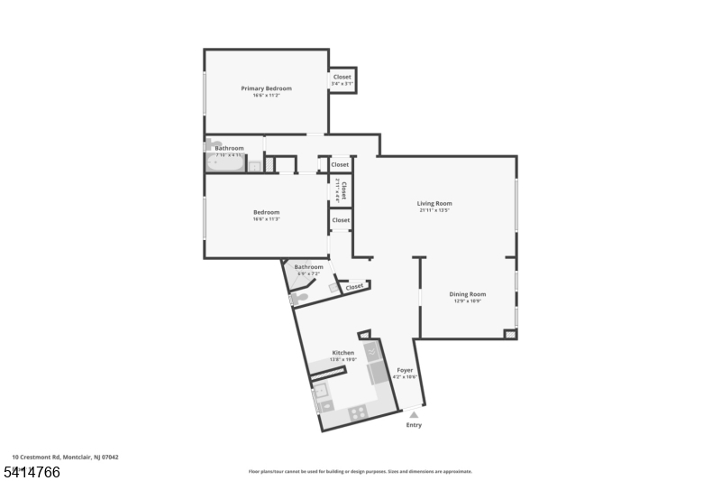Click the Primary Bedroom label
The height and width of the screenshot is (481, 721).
tap(266, 88)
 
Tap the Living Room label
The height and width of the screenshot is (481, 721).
tap(434, 203)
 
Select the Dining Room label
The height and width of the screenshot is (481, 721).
tap(468, 294)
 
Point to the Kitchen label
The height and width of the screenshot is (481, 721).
tap(343, 353)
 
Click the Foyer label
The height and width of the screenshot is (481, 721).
tap(405, 370)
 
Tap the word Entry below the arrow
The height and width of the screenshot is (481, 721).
tap(414, 425)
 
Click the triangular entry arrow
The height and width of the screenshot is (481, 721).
tap(414, 413)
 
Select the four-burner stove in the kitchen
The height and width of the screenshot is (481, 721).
tap(357, 413)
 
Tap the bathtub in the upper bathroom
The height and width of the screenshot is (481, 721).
tap(225, 163)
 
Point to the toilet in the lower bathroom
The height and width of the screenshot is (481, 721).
tap(299, 298)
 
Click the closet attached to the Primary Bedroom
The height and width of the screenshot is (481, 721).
tap(342, 80)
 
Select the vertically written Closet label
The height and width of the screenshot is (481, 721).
tap(342, 190)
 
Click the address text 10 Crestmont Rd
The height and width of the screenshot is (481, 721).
tap(65, 458)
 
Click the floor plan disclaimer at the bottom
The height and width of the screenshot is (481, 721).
tap(360, 471)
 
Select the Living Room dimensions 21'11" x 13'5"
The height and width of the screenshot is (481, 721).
tap(434, 211)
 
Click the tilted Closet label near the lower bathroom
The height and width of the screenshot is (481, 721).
tap(354, 287)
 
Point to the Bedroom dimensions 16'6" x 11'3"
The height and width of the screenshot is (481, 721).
tap(266, 219)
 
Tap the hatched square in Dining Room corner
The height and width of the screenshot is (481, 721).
tap(510, 334)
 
